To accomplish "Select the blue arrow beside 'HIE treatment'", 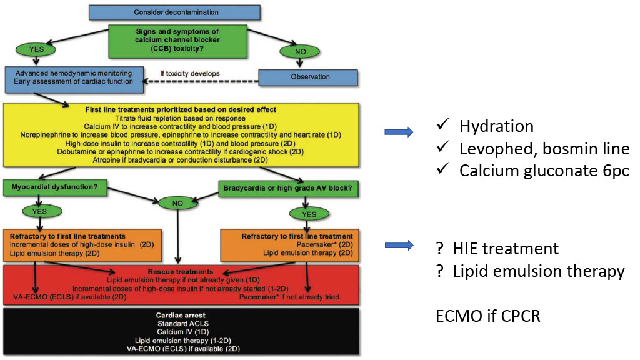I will pyautogui.click(x=399, y=246).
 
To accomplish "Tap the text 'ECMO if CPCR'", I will pyautogui.click(x=487, y=316).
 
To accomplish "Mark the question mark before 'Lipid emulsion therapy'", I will pyautogui.click(x=441, y=272).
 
